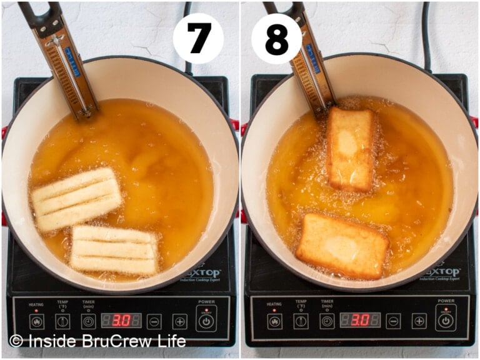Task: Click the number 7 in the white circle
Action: tap(198, 38)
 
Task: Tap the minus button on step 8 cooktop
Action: tap(393, 321)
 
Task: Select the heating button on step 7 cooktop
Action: tap(36, 321)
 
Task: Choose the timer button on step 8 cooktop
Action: tap(327, 321)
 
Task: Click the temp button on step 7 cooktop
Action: tap(62, 321)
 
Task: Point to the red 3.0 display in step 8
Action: tap(360, 320)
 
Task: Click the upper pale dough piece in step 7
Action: tap(76, 199)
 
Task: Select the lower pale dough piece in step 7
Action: tap(114, 250)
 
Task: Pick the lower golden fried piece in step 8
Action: tap(342, 246)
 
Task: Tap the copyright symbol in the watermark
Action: tap(16, 341)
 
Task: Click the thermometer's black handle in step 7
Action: tap(34, 16)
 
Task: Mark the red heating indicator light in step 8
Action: tap(274, 311)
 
